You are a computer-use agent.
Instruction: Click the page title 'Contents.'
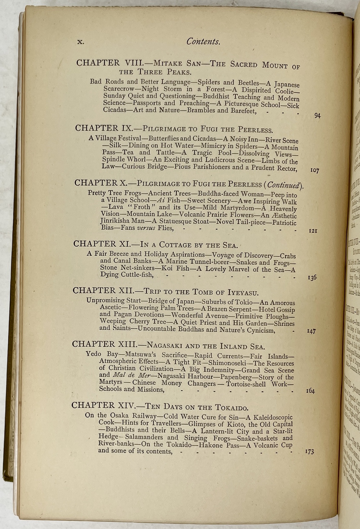click(x=203, y=42)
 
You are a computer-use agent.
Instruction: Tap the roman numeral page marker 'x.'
click(x=81, y=41)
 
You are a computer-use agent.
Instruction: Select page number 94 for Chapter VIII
click(x=317, y=116)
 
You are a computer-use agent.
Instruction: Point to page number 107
click(x=314, y=170)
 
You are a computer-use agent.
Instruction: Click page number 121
click(x=313, y=231)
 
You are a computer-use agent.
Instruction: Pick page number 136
click(x=312, y=278)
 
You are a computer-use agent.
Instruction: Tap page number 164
click(x=310, y=391)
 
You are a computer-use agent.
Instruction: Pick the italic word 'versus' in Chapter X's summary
click(x=146, y=228)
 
